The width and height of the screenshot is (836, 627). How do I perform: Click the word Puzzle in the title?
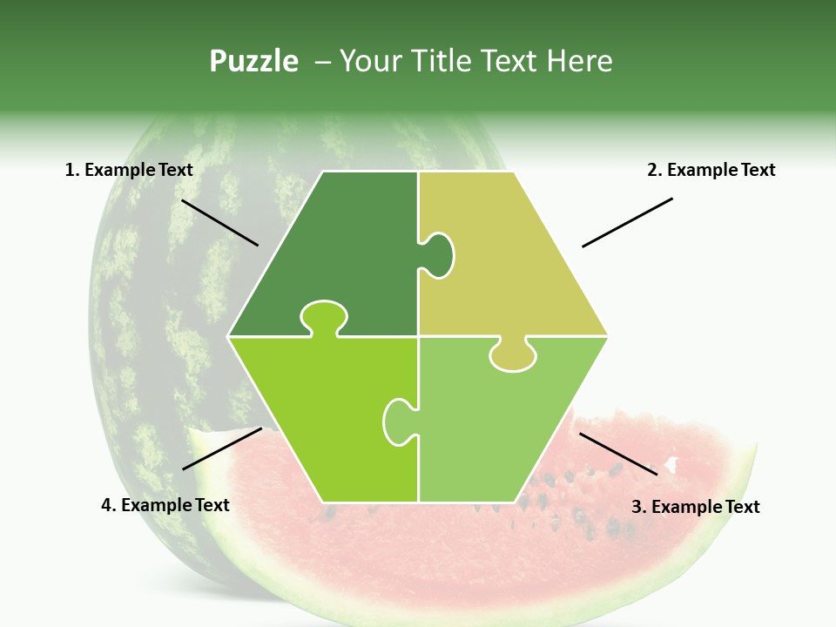253,62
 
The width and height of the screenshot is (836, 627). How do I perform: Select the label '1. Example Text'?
129,170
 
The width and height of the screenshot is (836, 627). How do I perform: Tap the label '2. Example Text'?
711,170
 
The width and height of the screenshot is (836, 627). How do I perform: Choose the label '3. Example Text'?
695,507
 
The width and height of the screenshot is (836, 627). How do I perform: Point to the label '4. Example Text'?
165,505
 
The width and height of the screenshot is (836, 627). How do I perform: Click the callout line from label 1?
219,222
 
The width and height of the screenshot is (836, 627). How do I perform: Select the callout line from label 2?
627,222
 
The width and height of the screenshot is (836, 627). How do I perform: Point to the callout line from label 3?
618,454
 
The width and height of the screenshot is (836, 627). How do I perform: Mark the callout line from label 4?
222,448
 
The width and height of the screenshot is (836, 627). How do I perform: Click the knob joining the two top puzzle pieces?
440,254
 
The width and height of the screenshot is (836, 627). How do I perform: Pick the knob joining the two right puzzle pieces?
513,355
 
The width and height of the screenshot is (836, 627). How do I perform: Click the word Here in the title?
580,62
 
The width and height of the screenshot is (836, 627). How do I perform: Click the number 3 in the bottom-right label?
637,507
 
